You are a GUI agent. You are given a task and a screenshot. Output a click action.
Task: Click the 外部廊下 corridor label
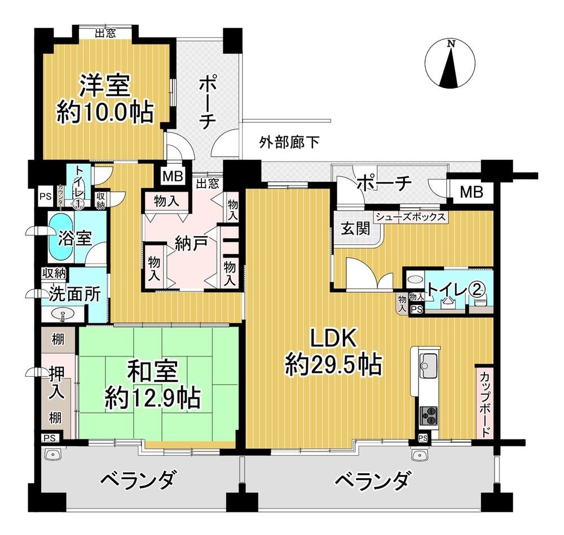(x=289, y=142)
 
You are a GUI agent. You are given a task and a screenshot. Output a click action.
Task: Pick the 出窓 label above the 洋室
(x=105, y=33)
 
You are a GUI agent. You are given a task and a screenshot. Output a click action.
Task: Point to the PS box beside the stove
(x=423, y=438)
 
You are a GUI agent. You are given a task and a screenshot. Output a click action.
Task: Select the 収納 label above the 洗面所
(x=54, y=274)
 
